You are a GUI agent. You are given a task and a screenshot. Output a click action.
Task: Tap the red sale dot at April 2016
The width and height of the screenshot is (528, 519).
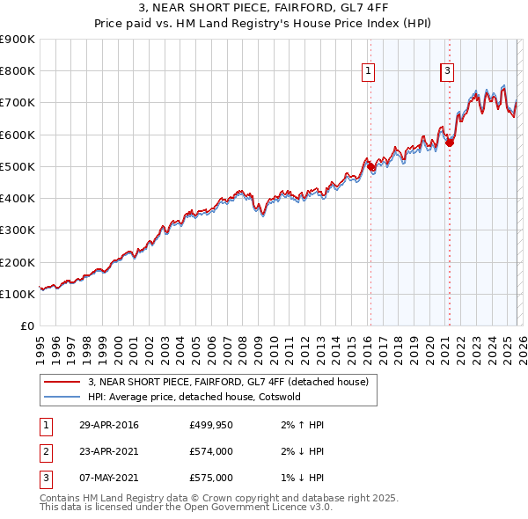[x=370, y=166]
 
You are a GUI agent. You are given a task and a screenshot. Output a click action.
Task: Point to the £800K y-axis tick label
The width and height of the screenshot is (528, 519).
[x=18, y=71]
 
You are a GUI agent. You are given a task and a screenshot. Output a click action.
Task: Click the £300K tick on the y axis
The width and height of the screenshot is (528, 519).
[x=18, y=230]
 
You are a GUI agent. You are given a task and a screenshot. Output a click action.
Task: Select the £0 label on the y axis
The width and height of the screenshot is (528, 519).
[x=27, y=326]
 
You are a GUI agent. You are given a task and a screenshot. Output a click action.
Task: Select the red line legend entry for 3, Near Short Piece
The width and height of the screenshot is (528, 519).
[x=233, y=382]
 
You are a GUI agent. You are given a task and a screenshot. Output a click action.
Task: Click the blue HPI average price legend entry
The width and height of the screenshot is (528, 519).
[x=207, y=397]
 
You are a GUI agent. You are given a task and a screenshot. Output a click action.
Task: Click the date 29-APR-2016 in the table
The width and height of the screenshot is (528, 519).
[x=108, y=426]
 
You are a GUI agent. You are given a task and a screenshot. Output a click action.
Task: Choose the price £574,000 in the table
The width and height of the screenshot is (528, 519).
[x=210, y=452]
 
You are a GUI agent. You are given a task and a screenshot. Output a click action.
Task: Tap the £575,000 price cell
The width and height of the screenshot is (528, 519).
[x=210, y=478]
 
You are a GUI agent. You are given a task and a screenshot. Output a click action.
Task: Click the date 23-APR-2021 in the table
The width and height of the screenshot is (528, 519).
[x=108, y=452]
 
